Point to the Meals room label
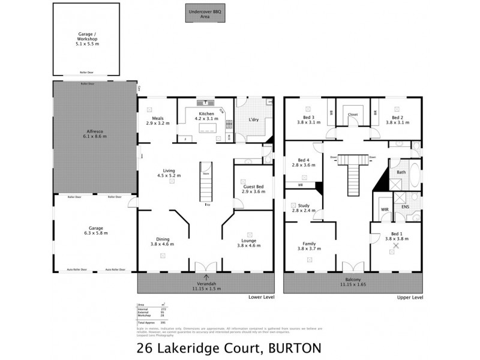tap(158, 121)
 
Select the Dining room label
tap(161, 243)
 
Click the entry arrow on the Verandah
tap(206, 277)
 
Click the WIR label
tap(385, 209)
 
